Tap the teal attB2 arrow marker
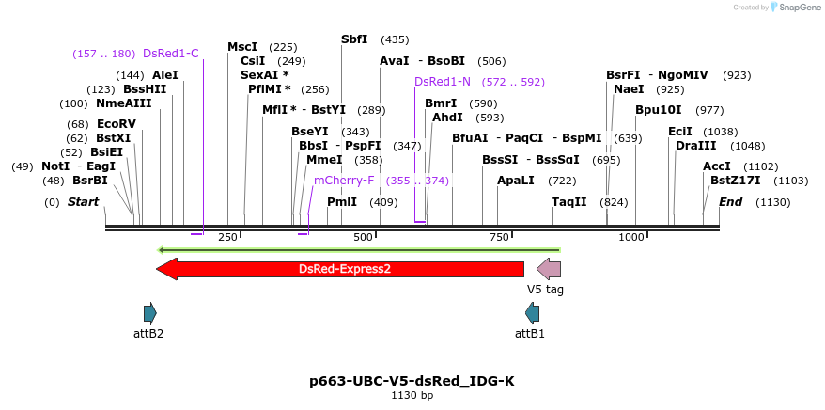(149, 313)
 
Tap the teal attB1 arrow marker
(533, 313)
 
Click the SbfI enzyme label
(354, 39)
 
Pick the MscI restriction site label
(242, 47)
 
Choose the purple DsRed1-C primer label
(171, 54)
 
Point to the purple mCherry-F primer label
(344, 181)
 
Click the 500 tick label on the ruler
(364, 237)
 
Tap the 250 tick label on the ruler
(227, 237)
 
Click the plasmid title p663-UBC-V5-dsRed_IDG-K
(412, 381)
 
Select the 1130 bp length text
(412, 396)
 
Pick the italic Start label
(83, 202)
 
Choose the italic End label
(730, 202)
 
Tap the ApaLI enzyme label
(516, 181)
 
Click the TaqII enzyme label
(569, 202)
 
